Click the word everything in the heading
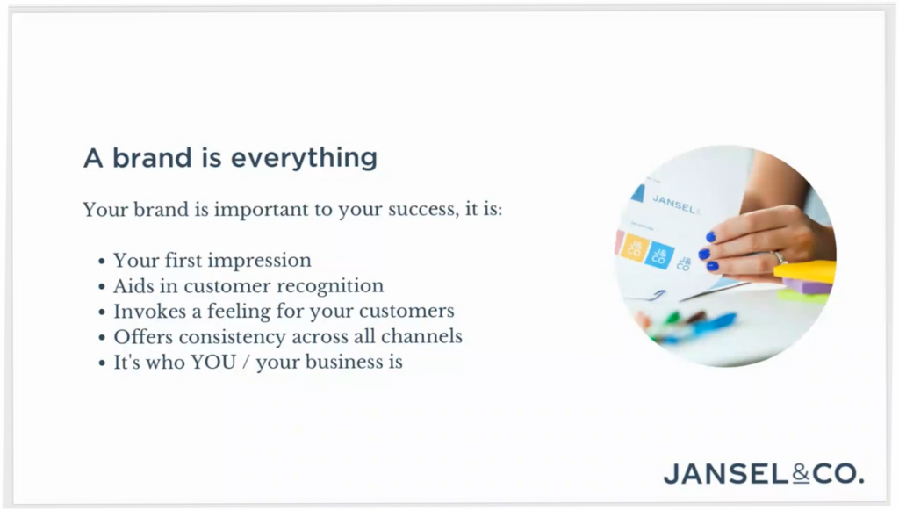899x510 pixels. pos(304,158)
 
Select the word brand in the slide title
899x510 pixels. pos(151,158)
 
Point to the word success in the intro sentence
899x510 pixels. pos(423,209)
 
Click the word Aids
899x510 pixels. pos(131,285)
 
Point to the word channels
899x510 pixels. pos(421,336)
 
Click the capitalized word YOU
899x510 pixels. pos(213,363)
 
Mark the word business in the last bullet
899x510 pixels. pos(338,362)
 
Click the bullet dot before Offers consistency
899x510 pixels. pos(102,338)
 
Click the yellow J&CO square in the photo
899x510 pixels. pos(635,248)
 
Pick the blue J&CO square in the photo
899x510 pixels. pos(659,255)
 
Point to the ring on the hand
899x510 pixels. pos(780,257)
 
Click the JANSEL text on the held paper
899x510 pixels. pos(675,204)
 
